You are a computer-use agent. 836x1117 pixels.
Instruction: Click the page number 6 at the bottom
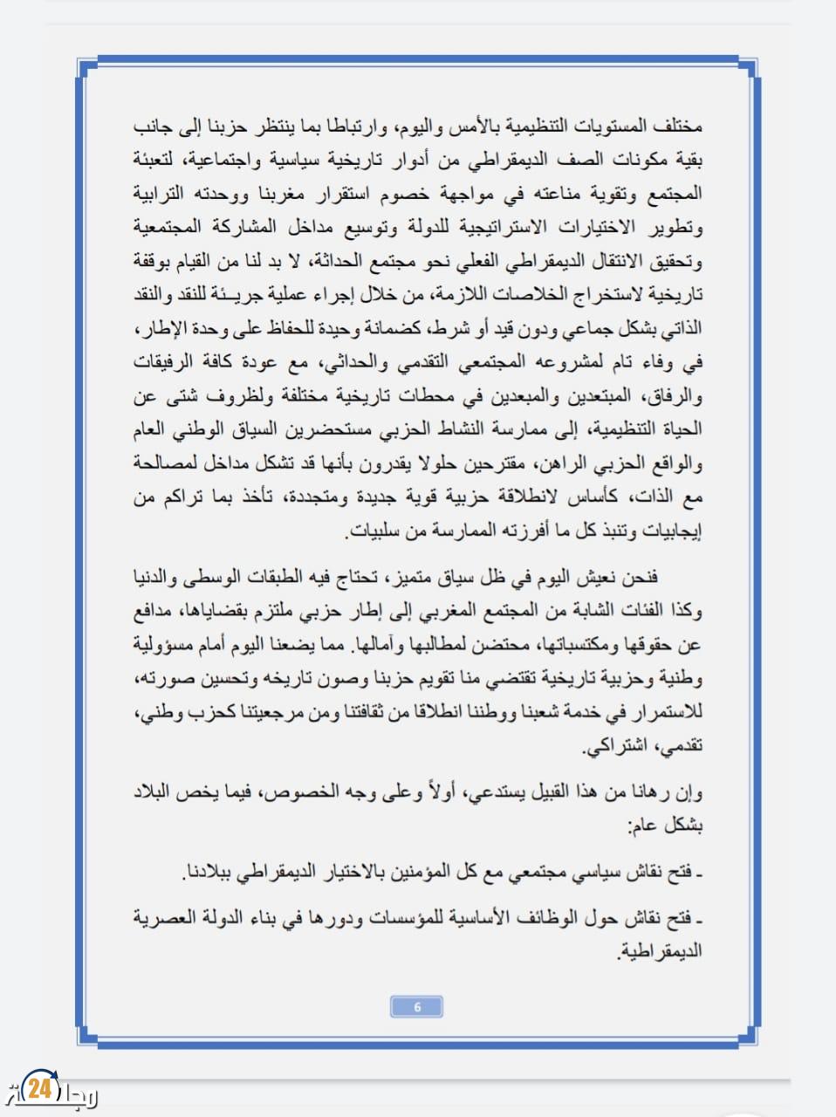click(416, 1007)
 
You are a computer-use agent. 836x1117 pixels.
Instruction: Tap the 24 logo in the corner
click(40, 1089)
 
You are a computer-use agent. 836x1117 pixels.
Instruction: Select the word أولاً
click(440, 792)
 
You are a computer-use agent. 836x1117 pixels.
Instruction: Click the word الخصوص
click(300, 792)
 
